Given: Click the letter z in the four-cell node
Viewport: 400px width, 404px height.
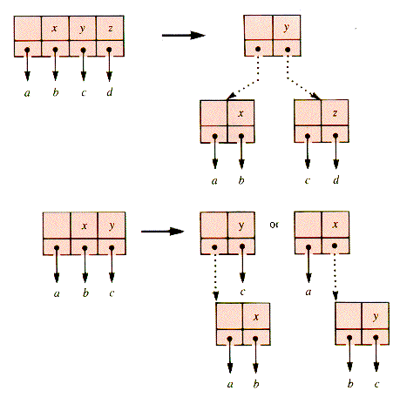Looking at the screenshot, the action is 110,28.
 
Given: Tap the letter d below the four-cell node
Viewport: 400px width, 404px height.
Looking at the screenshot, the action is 110,92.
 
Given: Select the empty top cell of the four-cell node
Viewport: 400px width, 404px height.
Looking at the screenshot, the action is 28,28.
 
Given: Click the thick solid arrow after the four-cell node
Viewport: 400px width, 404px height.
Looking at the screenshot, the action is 183,36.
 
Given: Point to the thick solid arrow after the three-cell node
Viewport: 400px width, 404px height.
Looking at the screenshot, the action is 162,232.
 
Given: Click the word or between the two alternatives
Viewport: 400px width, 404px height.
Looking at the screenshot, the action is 274,225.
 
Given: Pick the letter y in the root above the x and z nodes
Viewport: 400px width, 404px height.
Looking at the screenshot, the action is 287,28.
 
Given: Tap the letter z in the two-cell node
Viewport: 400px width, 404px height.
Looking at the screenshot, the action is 335,112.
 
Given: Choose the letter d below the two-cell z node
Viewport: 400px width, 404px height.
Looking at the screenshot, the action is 336,180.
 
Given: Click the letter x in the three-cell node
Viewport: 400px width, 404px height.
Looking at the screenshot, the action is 85,226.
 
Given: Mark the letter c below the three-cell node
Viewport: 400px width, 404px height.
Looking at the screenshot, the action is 112,293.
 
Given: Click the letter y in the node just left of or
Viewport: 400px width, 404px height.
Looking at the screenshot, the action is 241,226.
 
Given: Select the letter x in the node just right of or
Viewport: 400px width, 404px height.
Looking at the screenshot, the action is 336,225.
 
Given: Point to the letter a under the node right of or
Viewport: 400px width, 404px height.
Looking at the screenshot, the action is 308,292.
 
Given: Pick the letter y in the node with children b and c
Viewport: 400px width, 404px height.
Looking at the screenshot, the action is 376,317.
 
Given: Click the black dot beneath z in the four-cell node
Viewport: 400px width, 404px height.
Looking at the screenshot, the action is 109,50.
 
